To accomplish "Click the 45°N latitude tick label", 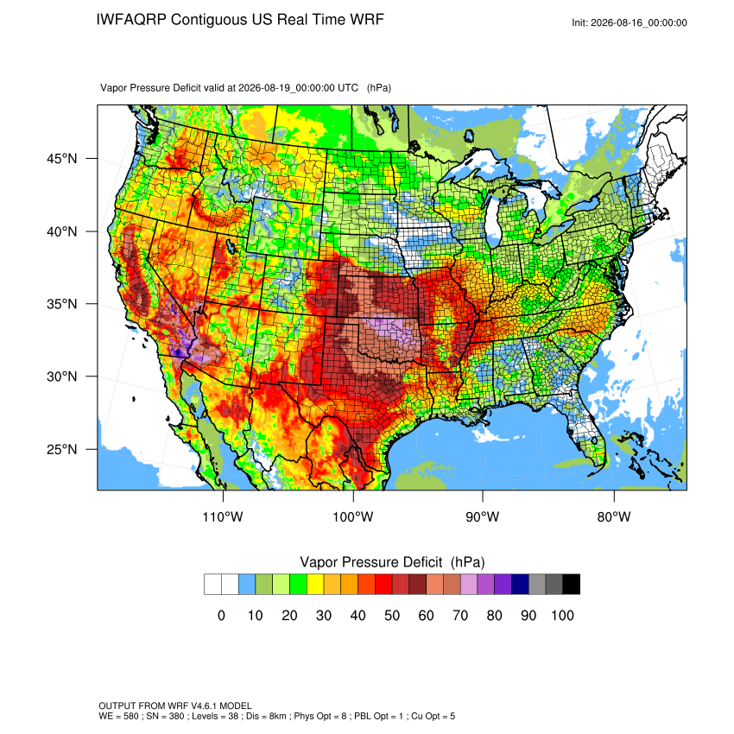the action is (62, 159).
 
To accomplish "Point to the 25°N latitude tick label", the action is (62, 449).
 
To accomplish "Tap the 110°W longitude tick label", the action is (223, 516).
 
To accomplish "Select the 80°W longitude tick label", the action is (614, 516).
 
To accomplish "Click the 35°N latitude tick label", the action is (62, 304).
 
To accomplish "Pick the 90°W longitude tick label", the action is (482, 516).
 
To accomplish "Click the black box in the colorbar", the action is (572, 585).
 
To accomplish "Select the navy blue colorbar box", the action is (520, 585).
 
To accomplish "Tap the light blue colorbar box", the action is (247, 585).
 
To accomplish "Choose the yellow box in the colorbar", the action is (315, 585).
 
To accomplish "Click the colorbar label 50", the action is (392, 615).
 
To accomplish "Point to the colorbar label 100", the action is (562, 615).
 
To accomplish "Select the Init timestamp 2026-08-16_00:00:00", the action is (639, 23).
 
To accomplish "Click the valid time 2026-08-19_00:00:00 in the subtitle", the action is (298, 88).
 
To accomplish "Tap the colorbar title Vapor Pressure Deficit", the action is (370, 562).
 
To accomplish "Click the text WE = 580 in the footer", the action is (118, 716).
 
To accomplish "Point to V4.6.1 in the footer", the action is (204, 706).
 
